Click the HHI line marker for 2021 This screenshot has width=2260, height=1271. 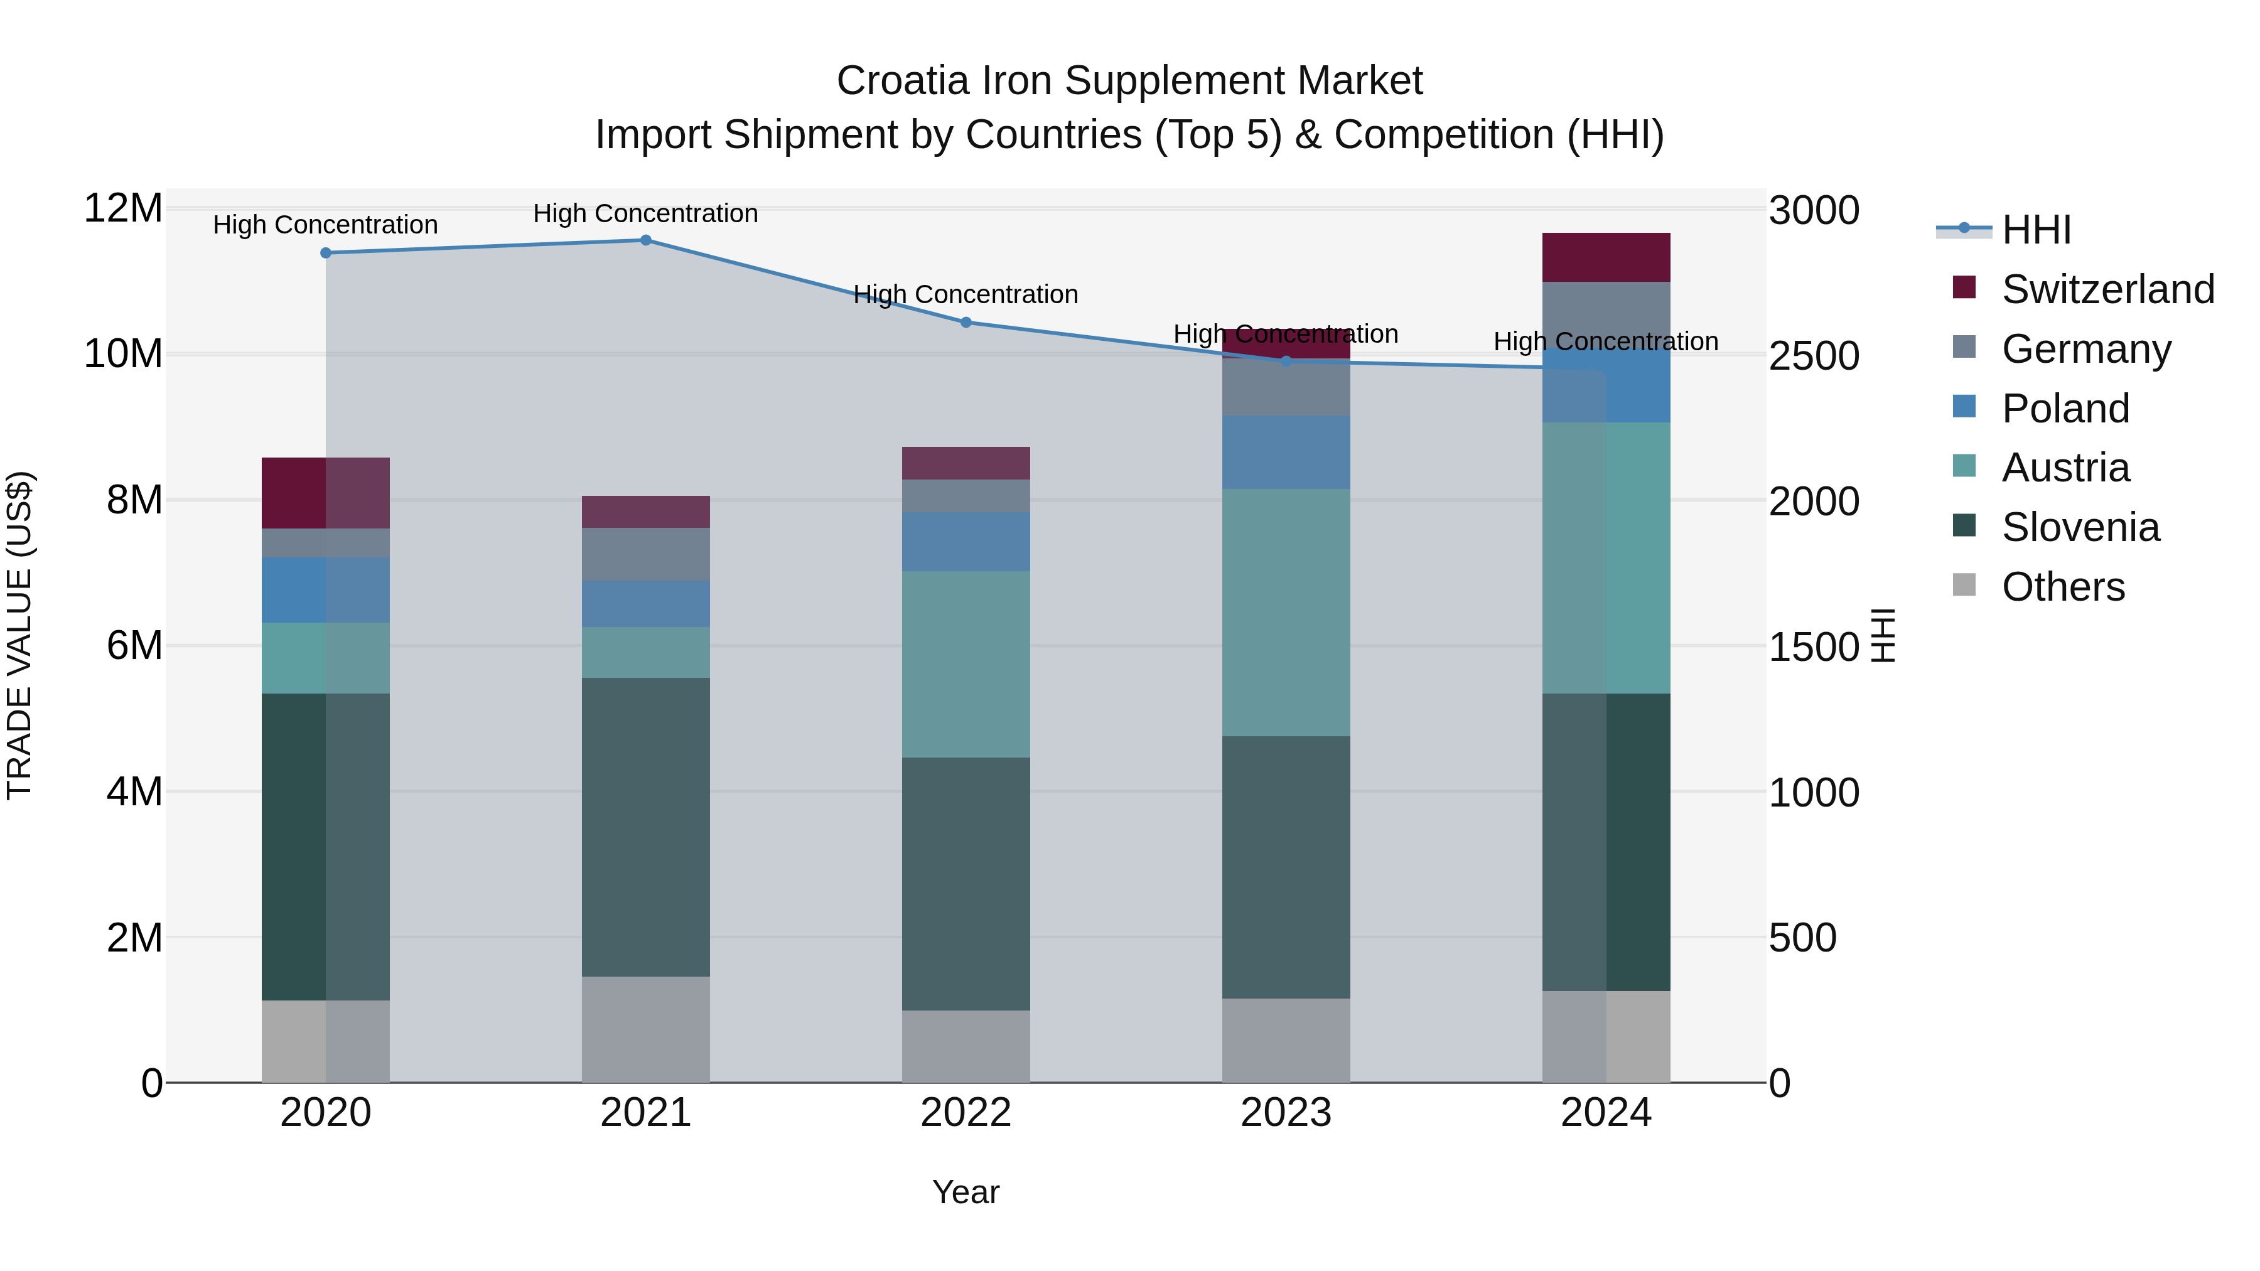tap(646, 240)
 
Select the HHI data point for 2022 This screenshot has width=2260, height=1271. tap(966, 322)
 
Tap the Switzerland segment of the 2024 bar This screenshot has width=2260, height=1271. tap(1606, 258)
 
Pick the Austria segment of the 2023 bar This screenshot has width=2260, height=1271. tap(1286, 612)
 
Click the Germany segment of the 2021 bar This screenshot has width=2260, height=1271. tap(646, 554)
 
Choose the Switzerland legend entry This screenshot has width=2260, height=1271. tap(2107, 289)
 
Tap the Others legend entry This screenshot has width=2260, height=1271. tap(2063, 587)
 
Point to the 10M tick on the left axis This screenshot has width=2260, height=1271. tap(123, 355)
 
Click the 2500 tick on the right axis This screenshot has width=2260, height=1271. tap(1814, 356)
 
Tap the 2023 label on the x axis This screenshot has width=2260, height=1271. tap(1286, 1113)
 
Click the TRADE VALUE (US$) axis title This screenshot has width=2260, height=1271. tap(19, 635)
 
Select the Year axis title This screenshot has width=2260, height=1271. tap(966, 1192)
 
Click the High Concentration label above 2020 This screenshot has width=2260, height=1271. tap(325, 225)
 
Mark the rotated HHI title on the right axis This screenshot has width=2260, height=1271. tap(1883, 635)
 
